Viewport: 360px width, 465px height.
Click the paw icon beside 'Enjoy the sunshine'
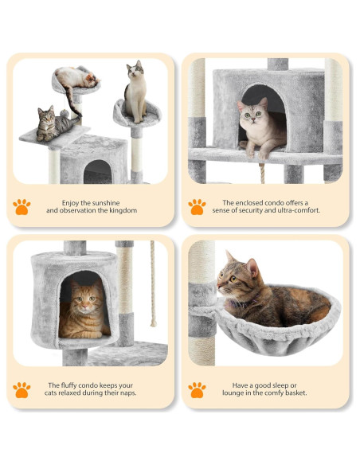(x=22, y=207)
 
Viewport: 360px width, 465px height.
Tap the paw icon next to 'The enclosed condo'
(x=197, y=207)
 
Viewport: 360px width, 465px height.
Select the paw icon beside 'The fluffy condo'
(x=22, y=390)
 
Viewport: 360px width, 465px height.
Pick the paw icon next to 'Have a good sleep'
(x=197, y=390)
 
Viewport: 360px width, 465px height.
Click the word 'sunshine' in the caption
(x=106, y=203)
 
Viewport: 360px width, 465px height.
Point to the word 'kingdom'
(x=123, y=210)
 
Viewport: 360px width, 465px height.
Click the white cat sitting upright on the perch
(x=135, y=92)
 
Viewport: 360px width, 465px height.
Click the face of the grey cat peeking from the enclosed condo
(x=252, y=113)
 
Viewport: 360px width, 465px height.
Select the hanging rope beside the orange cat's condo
(x=153, y=283)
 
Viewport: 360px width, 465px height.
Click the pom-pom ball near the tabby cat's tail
(x=65, y=114)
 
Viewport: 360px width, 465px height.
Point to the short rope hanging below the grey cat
(x=262, y=174)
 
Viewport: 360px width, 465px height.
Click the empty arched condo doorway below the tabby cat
(x=98, y=172)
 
